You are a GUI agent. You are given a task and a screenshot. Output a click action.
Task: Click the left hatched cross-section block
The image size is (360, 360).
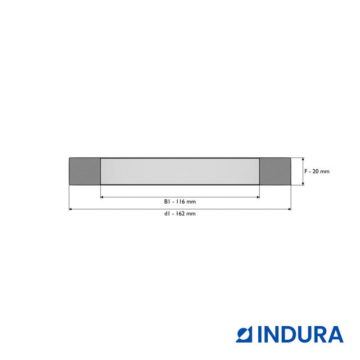pos(84,171)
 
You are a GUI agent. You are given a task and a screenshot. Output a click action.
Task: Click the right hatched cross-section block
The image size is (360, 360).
pos(275,171)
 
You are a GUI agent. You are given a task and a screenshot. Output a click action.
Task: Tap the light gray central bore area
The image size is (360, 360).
pos(179,171)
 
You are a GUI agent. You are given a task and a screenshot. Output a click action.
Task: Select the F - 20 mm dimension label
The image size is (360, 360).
pos(317,171)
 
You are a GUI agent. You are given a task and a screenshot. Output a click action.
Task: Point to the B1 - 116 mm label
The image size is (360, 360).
pos(179,201)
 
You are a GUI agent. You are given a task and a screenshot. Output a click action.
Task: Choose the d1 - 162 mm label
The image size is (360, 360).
pos(179,214)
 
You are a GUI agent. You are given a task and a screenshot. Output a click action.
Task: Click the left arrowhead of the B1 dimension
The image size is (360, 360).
pos(102,197)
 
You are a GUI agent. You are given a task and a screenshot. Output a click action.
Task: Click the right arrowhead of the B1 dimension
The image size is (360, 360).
pos(257,197)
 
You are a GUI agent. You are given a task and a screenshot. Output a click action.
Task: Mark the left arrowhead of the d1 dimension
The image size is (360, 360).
pos(71,209)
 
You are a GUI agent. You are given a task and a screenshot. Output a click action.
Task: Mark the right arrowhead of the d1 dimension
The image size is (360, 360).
pos(289,209)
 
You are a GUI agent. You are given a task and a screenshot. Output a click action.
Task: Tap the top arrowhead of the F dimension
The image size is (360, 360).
pos(303,160)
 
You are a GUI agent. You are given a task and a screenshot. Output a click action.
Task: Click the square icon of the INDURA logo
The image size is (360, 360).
pos(245,334)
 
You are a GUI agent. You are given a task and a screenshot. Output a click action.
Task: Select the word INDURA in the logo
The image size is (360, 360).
pos(300,334)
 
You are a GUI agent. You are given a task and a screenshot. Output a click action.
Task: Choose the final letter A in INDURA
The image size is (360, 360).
pos(334,334)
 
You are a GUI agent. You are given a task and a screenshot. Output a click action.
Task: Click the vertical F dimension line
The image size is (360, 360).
pos(303,171)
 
